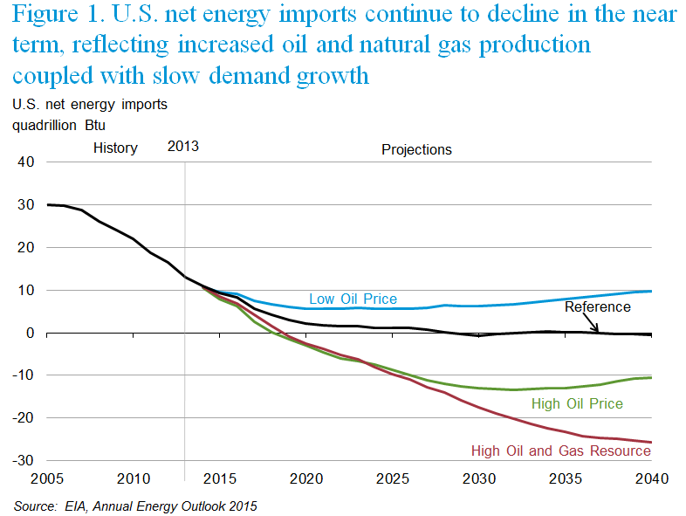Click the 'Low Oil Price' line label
353,299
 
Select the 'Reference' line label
597,306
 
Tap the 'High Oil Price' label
577,403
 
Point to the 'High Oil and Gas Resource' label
560,451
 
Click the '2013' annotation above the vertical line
182,146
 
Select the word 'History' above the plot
115,148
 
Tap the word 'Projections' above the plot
416,149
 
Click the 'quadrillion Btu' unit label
58,125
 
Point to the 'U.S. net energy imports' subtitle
89,105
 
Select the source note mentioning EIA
135,505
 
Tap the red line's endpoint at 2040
651,443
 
